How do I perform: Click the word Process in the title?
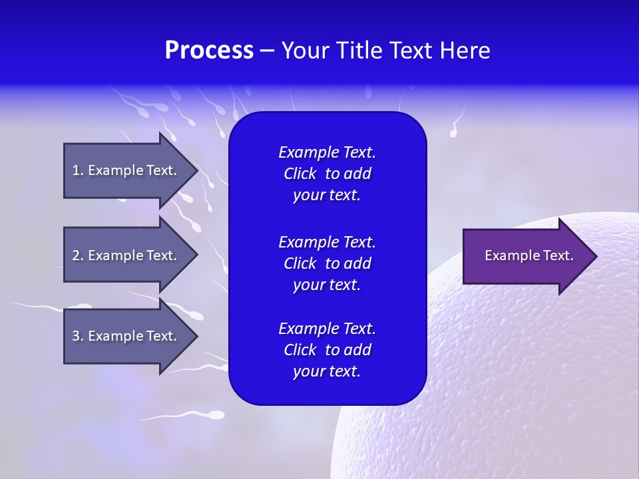point(209,51)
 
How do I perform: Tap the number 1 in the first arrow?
point(76,170)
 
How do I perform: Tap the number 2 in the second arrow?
point(76,255)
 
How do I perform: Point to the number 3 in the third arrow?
point(76,336)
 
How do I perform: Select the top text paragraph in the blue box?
point(327,174)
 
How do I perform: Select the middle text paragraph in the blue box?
point(327,263)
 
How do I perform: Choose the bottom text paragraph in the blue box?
point(327,350)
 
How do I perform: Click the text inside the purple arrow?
point(529,255)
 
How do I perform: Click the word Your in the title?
point(304,51)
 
